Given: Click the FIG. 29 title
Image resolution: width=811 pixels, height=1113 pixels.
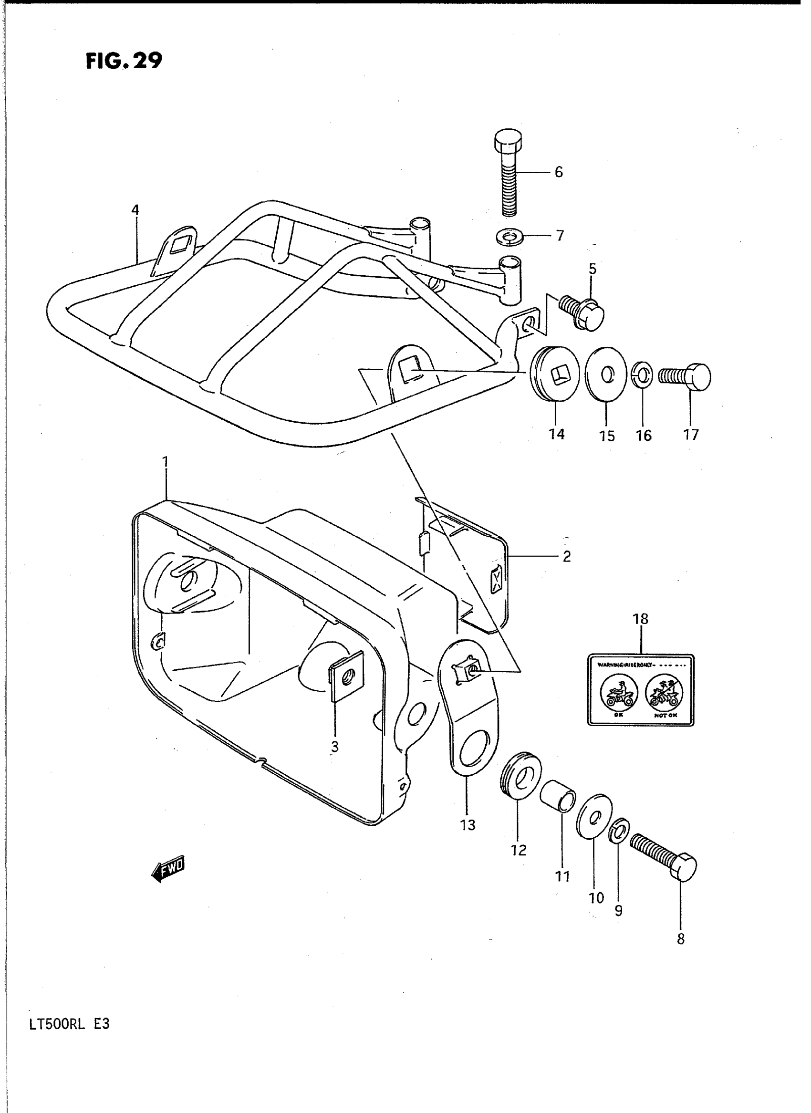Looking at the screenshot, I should pyautogui.click(x=124, y=61).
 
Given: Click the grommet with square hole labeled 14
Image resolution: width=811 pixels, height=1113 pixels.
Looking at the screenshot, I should pyautogui.click(x=555, y=374).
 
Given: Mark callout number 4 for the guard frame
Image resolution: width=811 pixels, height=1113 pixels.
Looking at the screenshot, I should pyautogui.click(x=135, y=210).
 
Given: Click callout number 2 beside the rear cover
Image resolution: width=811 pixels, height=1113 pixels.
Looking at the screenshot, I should pyautogui.click(x=567, y=557).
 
